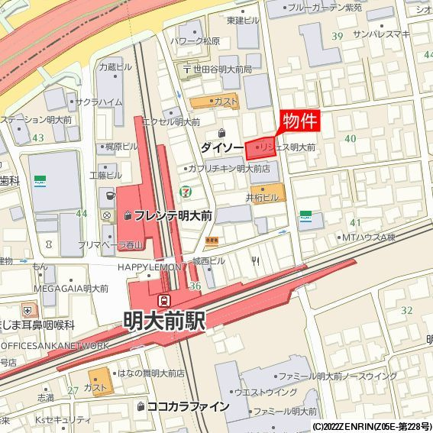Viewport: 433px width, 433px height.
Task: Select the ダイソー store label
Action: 222,146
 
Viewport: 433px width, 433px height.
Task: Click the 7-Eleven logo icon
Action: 185,191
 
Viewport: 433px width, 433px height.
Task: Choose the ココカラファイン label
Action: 187,406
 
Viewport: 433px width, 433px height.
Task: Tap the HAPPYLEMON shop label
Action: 150,267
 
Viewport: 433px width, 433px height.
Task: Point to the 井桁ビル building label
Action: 262,197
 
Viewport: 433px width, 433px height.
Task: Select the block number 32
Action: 406,310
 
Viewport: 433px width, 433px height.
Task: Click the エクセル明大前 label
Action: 171,121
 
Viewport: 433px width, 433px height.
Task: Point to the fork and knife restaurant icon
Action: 255,260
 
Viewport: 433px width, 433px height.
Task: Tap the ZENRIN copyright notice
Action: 371,427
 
